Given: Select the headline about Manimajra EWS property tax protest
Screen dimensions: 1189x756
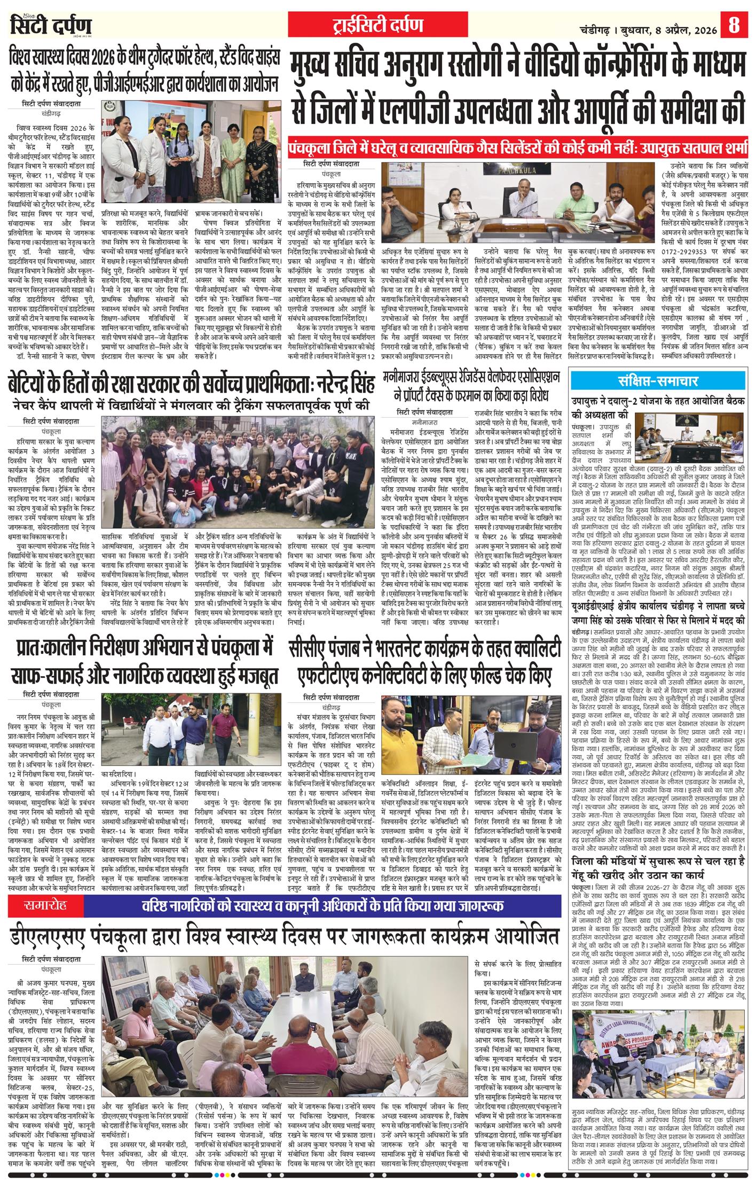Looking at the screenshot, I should tap(474, 388).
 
